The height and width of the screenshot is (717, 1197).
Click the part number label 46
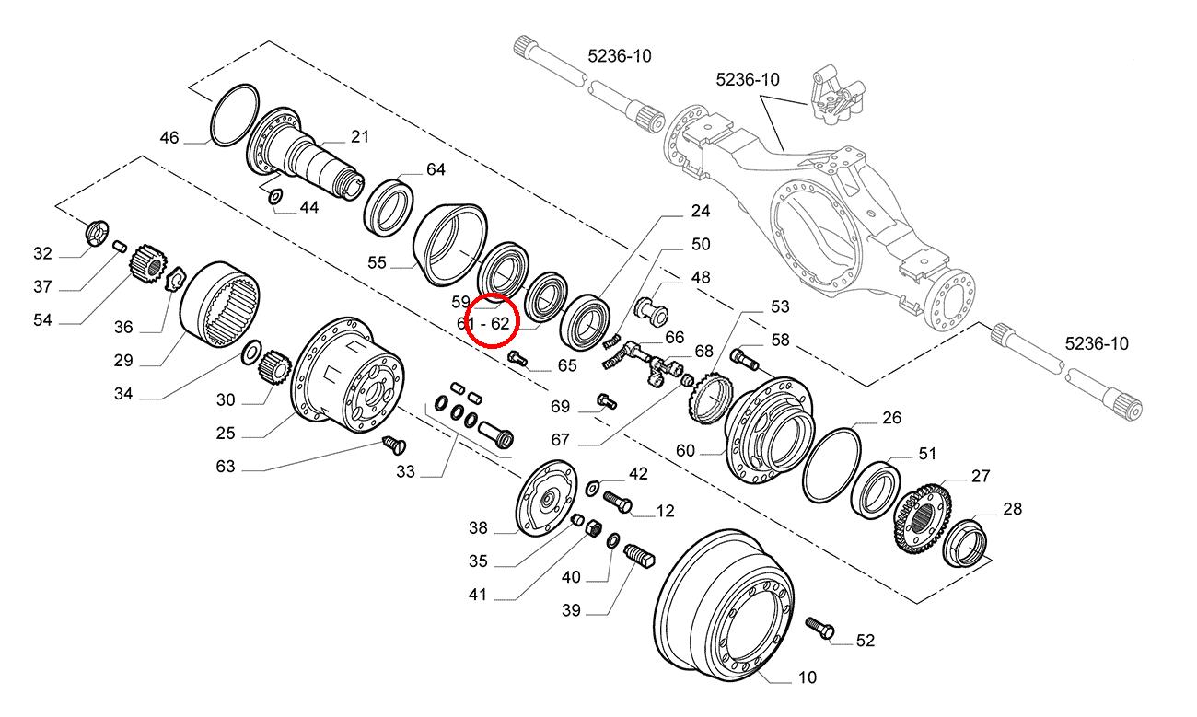point(169,138)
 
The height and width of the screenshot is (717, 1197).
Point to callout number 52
point(865,641)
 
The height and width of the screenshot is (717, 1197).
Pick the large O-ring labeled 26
point(831,466)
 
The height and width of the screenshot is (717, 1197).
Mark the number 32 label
point(43,254)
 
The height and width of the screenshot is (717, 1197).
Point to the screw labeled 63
point(394,446)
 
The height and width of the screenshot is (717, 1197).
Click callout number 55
point(377,262)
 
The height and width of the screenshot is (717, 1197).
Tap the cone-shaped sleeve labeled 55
point(448,240)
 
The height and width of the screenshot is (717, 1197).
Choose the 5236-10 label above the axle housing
point(748,80)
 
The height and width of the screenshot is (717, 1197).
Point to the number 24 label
point(701,211)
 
